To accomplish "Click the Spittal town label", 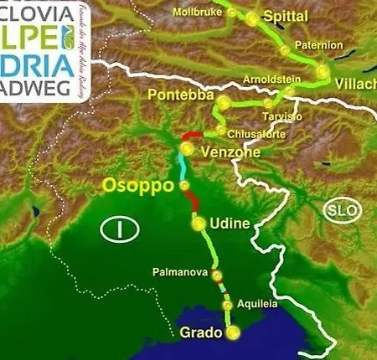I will click(x=286, y=18).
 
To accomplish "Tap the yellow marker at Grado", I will click(x=234, y=333).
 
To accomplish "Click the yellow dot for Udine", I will click(x=199, y=224).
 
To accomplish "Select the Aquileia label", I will click(x=257, y=305).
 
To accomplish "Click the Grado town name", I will click(x=201, y=333).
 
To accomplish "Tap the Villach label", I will click(x=355, y=85).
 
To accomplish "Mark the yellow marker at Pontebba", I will click(x=224, y=102).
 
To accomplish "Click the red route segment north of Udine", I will click(x=194, y=201).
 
